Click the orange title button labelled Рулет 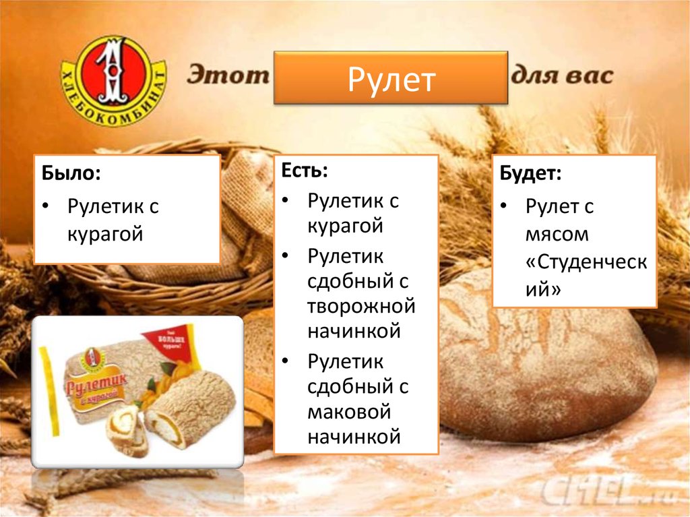[391, 78]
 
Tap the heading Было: [71, 174]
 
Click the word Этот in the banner [228, 75]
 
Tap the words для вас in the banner [562, 74]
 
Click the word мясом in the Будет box [557, 235]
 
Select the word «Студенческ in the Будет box [586, 262]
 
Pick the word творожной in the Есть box [361, 307]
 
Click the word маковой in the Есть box [349, 411]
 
